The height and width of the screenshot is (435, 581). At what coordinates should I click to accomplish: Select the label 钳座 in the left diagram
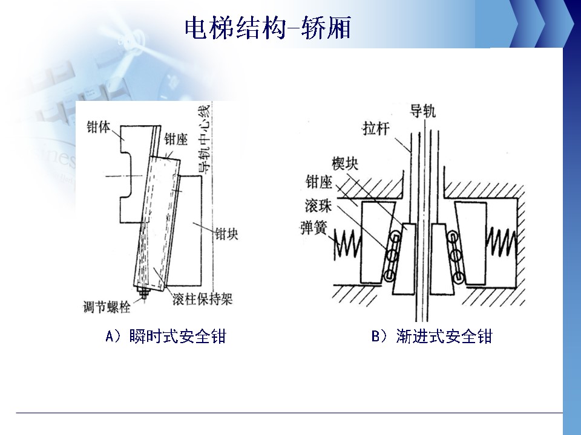[x=176, y=140]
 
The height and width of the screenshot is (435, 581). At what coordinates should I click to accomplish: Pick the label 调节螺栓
[x=107, y=307]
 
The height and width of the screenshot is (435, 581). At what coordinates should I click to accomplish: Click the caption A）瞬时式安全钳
[x=165, y=336]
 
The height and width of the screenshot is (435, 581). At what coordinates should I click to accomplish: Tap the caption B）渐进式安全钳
[x=432, y=336]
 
